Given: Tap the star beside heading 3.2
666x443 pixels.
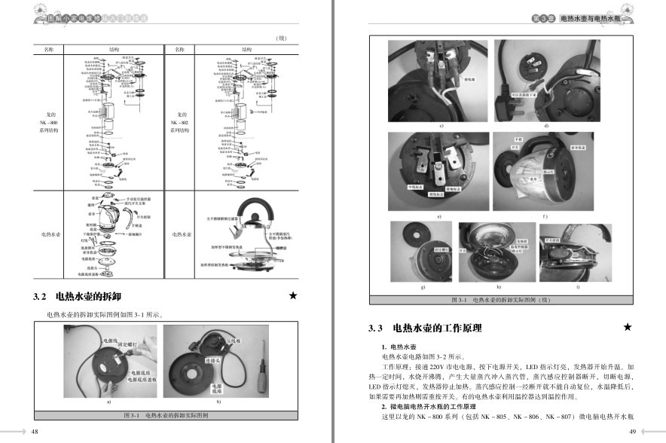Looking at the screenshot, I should (x=293, y=296).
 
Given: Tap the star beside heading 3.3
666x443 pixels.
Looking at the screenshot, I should (x=628, y=328).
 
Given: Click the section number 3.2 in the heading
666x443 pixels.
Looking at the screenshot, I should (x=41, y=297).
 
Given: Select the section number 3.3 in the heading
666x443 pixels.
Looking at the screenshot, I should (x=376, y=328).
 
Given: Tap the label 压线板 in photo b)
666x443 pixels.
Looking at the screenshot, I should (x=234, y=340).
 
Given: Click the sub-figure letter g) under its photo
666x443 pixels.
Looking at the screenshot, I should (x=423, y=288).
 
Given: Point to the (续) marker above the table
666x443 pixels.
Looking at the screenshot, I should (x=280, y=38).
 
